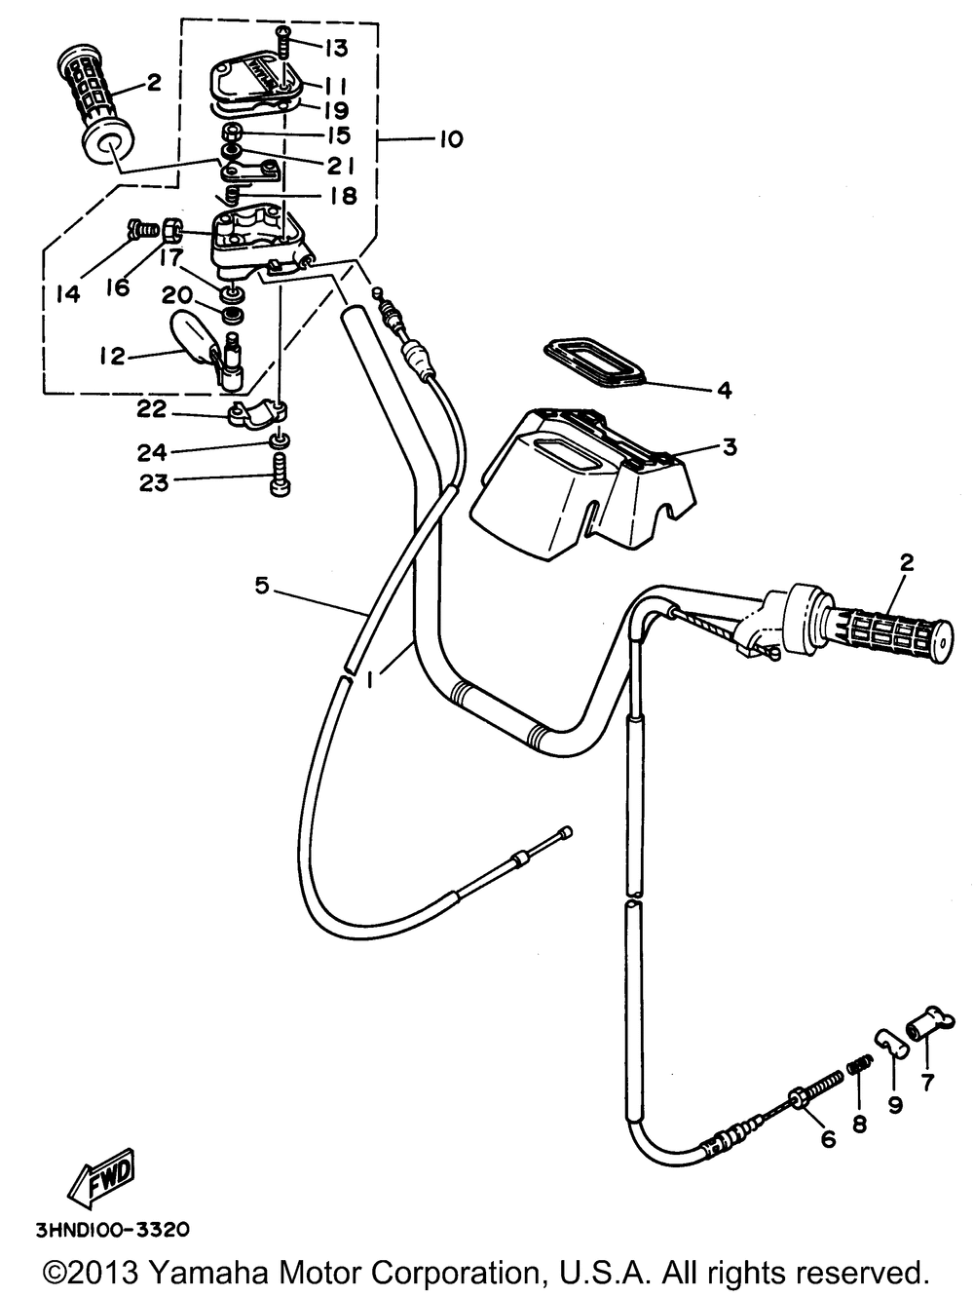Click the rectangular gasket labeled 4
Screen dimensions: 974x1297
(596, 362)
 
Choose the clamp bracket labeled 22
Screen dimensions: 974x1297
(257, 414)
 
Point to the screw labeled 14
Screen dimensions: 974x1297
(142, 228)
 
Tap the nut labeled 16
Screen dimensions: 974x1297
(170, 229)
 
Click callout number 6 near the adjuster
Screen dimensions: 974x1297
(829, 1138)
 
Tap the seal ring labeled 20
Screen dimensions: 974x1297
(233, 315)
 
